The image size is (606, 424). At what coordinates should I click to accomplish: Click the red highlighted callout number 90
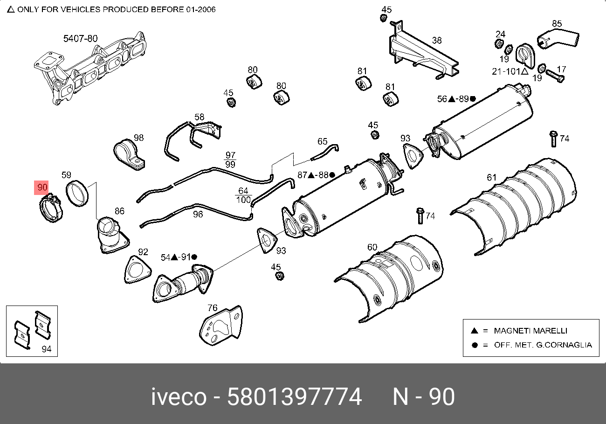point(42,188)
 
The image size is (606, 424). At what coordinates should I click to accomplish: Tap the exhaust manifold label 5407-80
point(80,39)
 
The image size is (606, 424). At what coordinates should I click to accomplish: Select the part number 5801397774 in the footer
point(294,397)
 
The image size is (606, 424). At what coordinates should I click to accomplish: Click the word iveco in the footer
point(179,397)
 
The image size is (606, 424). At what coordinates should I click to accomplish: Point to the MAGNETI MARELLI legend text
point(530,331)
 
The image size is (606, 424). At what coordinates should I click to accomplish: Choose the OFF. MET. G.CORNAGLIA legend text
point(543,345)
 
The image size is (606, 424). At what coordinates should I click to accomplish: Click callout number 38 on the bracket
point(436,41)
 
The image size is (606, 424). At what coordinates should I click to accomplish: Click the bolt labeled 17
point(554,74)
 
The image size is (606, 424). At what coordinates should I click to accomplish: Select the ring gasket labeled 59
point(77,194)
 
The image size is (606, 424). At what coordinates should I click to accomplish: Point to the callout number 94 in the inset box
point(47,349)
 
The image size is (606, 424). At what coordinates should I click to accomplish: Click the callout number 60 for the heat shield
point(372,247)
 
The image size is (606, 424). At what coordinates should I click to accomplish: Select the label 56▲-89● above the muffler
point(456,99)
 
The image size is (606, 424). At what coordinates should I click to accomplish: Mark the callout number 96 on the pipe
point(198,214)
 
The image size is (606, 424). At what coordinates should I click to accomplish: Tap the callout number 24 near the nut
point(500,34)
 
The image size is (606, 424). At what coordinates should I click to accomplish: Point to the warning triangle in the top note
point(11,9)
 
